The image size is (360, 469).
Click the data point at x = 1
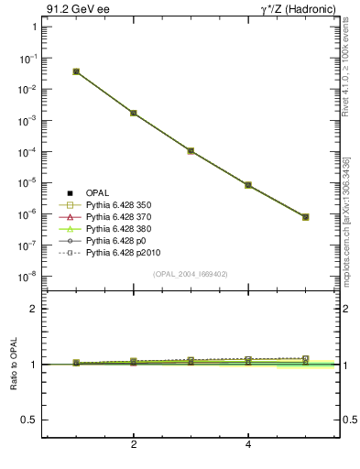click(x=76, y=71)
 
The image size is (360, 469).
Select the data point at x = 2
click(x=134, y=113)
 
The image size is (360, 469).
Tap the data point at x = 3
click(x=191, y=150)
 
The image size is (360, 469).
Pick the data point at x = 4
click(x=248, y=185)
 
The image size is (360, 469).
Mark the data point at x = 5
click(x=305, y=217)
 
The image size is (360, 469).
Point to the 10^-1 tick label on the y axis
click(x=28, y=58)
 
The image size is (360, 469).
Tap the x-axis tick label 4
click(x=248, y=445)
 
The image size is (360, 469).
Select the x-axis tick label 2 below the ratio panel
click(x=134, y=445)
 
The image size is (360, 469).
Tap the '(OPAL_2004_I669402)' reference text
click(x=191, y=273)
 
